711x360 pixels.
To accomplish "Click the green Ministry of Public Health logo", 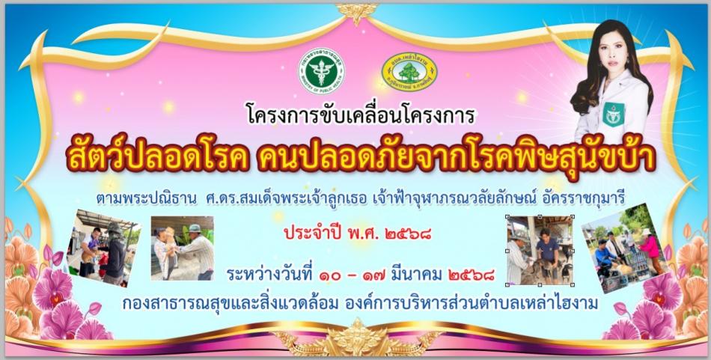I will [x=323, y=73].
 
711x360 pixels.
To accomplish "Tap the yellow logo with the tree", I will [x=409, y=73].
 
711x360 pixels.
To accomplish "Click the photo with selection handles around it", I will [x=540, y=251].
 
